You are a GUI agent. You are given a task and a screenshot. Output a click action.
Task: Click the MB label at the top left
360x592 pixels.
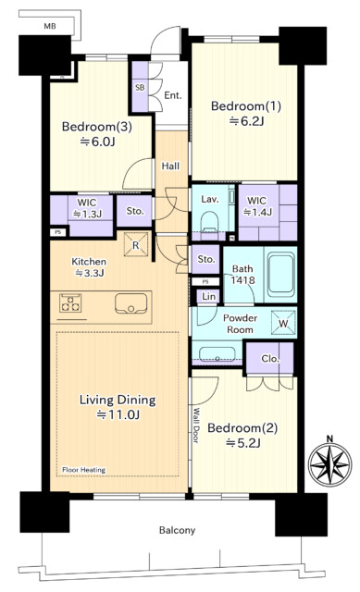pos(50,26)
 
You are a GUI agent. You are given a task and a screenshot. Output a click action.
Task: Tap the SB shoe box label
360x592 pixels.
pos(140,87)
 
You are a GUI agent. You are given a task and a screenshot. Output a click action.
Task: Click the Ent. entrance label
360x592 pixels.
pos(173,95)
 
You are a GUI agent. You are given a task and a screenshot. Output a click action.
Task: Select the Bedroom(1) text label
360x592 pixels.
pos(246,106)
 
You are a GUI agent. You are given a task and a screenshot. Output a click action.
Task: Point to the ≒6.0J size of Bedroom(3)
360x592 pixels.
pos(97,142)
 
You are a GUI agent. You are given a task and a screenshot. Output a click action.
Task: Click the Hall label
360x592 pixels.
pos(170,166)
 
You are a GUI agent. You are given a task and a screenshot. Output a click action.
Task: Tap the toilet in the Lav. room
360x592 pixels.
pos(209,223)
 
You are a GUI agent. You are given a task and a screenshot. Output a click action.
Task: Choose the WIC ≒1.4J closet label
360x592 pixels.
pos(257,206)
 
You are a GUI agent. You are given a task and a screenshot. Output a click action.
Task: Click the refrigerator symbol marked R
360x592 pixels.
pos(136,244)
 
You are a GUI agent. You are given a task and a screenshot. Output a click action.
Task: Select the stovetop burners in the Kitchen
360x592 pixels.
pos(70,302)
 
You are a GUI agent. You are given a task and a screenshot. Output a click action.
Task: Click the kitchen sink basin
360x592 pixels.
pos(130,303)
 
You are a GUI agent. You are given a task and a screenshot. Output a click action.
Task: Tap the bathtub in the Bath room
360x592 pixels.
pos(281,274)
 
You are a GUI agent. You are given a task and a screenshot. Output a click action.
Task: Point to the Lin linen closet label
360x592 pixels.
pos(208,296)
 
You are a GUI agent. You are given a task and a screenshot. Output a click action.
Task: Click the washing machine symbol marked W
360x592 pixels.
pos(283,323)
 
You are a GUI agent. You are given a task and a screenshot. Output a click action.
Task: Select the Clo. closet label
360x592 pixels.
pos(269,358)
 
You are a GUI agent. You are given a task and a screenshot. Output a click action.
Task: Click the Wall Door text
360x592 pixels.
pos(196,425)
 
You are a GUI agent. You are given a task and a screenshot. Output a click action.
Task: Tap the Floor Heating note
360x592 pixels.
pos(84,470)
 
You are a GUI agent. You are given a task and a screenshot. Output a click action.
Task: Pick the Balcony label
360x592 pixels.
pos(177,530)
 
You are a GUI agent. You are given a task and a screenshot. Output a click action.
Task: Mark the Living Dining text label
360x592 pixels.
pos(118,400)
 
